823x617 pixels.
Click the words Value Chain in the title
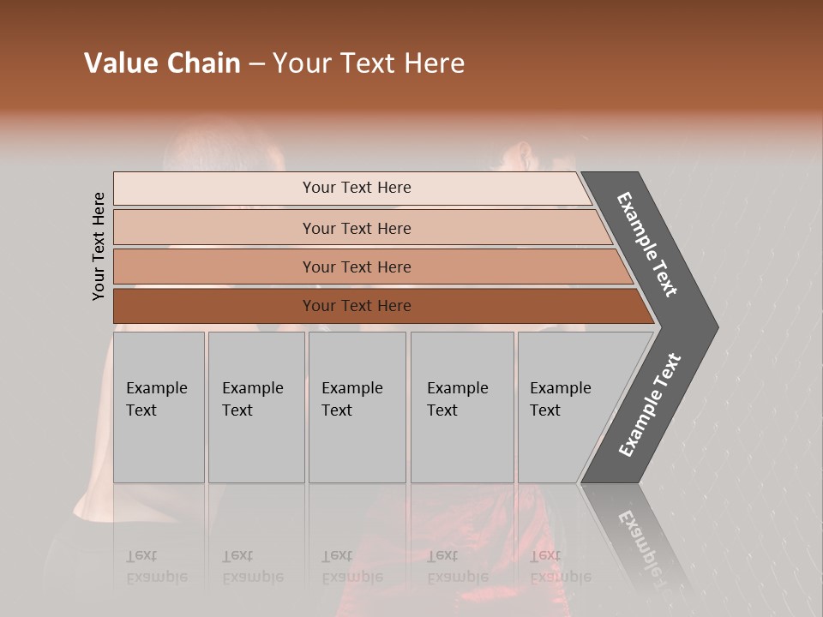tap(162, 63)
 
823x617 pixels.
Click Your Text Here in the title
tap(369, 63)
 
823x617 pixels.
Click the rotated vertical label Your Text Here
tap(99, 246)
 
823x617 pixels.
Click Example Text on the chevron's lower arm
tap(649, 405)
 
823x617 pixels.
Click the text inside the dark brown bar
tap(357, 306)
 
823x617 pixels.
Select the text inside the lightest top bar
tap(357, 188)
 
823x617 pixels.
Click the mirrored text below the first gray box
tap(156, 566)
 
